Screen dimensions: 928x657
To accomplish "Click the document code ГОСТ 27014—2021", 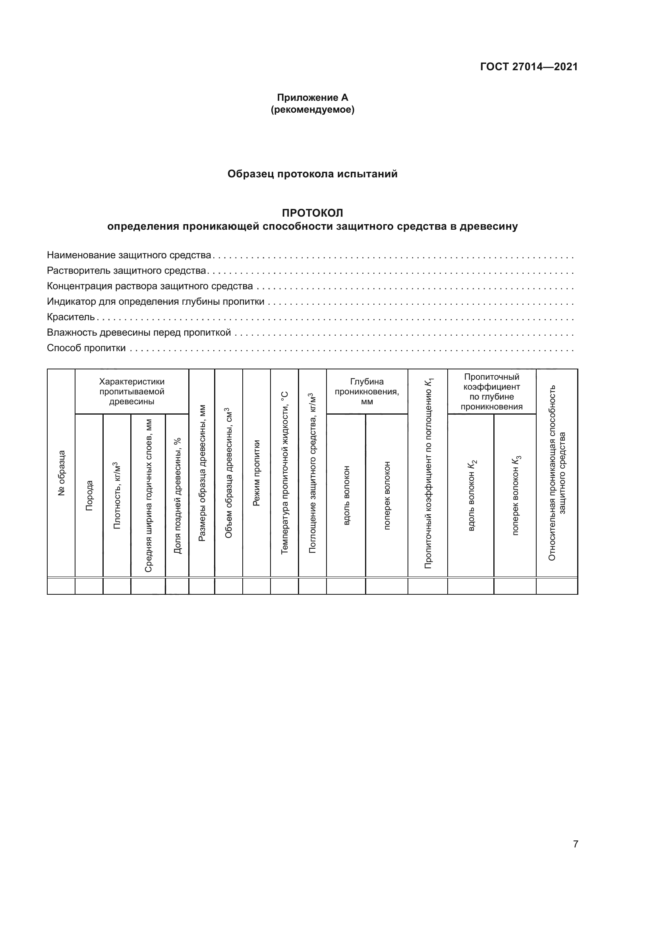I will coord(529,67).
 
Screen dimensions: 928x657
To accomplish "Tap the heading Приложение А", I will coord(312,98).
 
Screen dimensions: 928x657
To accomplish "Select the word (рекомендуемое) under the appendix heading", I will coord(312,110).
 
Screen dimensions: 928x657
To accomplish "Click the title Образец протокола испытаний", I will coord(312,174).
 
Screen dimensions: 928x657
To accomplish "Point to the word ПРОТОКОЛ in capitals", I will coord(312,213).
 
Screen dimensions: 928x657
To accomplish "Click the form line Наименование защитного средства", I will coord(129,255).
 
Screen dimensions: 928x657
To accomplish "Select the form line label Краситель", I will coord(71,317).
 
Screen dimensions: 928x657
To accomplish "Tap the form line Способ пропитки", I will coord(86,348).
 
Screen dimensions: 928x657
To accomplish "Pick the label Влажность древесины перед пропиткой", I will coord(139,332).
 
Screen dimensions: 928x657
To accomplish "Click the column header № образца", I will coord(61,473).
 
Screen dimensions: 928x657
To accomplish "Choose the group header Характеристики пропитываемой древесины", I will coord(132,391).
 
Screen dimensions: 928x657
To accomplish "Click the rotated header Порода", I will coord(89,496).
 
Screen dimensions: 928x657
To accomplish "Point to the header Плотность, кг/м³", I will coord(117,495).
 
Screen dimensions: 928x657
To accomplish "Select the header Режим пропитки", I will coord(257,473).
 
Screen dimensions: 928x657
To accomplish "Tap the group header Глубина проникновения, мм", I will coord(367,391).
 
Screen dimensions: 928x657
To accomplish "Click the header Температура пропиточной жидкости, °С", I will coord(284,473).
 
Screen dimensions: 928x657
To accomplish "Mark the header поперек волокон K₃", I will coord(516,496).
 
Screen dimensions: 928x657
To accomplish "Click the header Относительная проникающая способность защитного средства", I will coord(557,473).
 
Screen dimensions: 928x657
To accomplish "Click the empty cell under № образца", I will coord(61,586).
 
